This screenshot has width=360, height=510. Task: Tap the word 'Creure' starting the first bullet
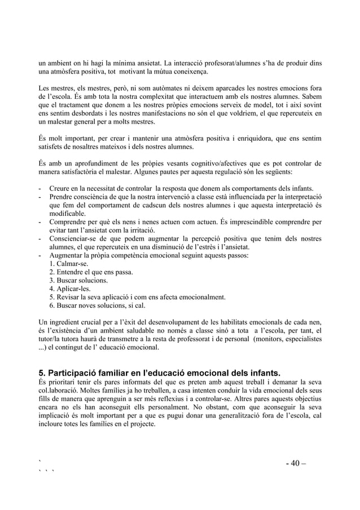point(60,188)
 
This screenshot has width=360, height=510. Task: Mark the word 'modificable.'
point(68,213)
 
